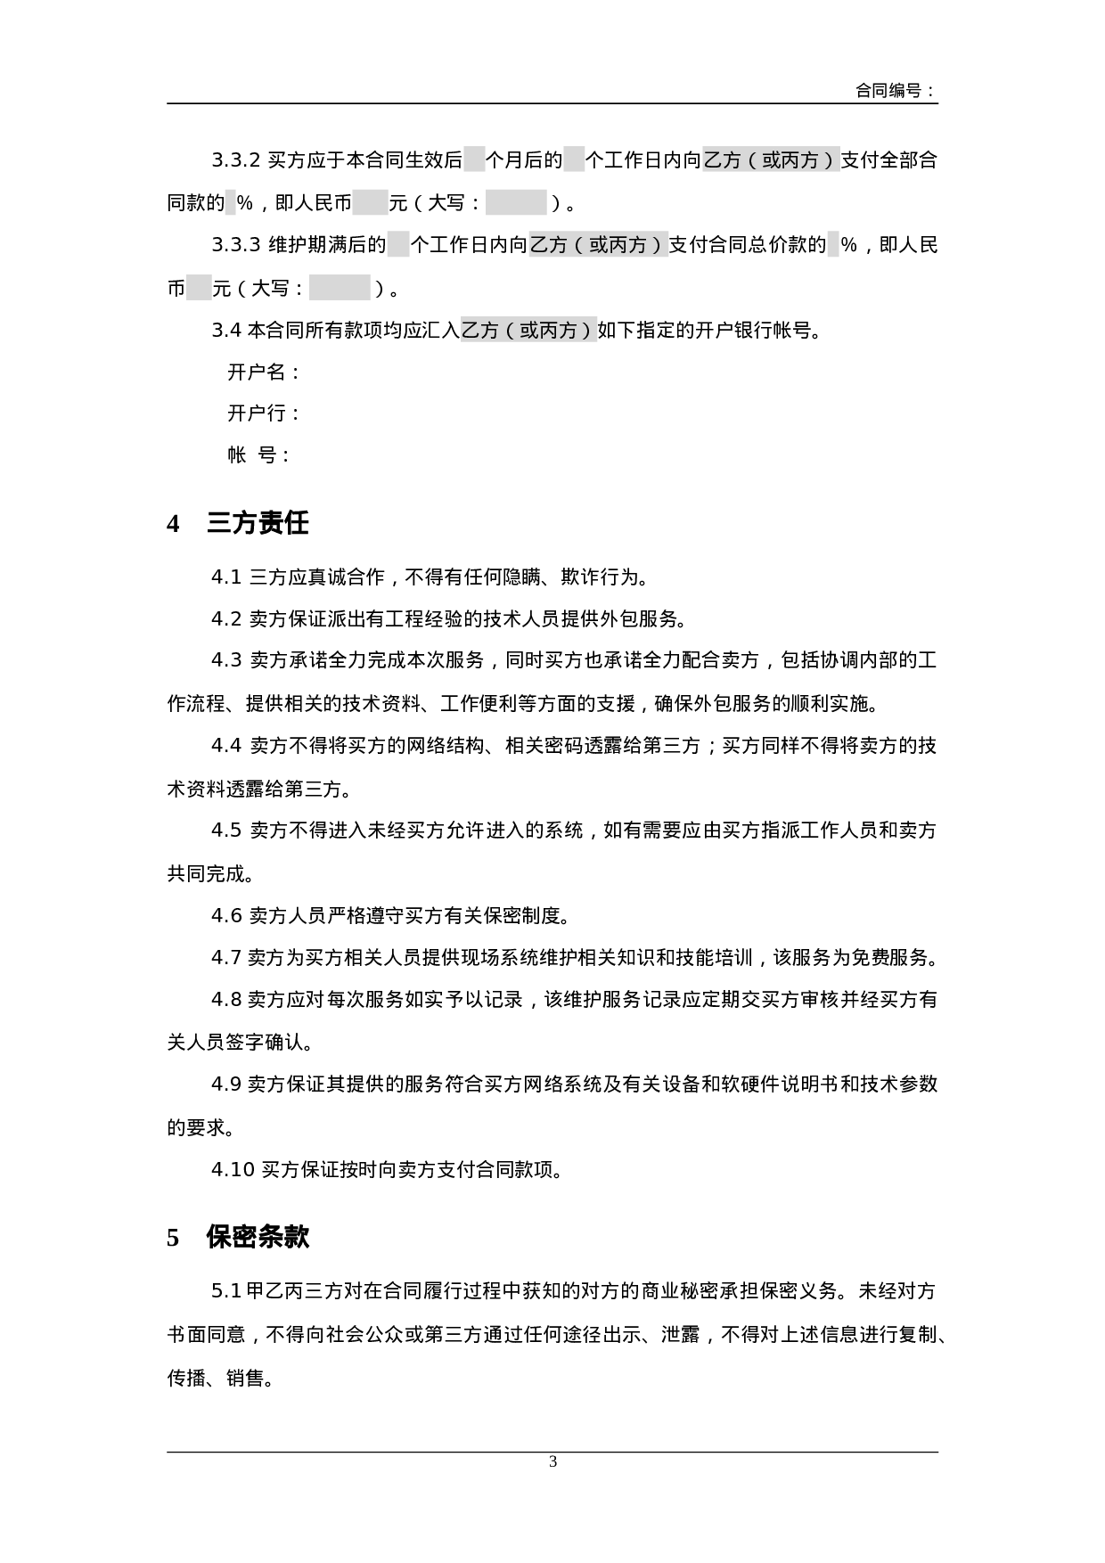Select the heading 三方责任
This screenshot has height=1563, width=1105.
coord(258,523)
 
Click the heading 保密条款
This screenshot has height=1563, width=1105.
coord(258,1237)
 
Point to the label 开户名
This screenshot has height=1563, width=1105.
coord(263,372)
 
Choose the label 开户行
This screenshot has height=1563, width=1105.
coord(263,413)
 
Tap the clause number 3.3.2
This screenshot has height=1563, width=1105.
coord(235,161)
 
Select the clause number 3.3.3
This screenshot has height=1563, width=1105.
coord(235,245)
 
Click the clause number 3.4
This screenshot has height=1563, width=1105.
coord(226,331)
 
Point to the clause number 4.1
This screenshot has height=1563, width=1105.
coord(226,577)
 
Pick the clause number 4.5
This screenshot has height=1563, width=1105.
coord(226,831)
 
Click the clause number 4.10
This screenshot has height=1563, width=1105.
coord(233,1170)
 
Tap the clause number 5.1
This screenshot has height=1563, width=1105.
coord(226,1290)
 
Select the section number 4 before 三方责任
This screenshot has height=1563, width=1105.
coord(173,524)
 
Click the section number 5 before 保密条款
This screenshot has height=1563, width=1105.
coord(173,1238)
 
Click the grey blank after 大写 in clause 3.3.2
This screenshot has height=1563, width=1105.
coord(516,203)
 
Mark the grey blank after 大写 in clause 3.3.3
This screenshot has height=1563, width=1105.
coord(340,288)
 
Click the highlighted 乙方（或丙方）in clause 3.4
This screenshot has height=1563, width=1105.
coord(528,331)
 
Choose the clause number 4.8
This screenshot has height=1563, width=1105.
coord(226,1000)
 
